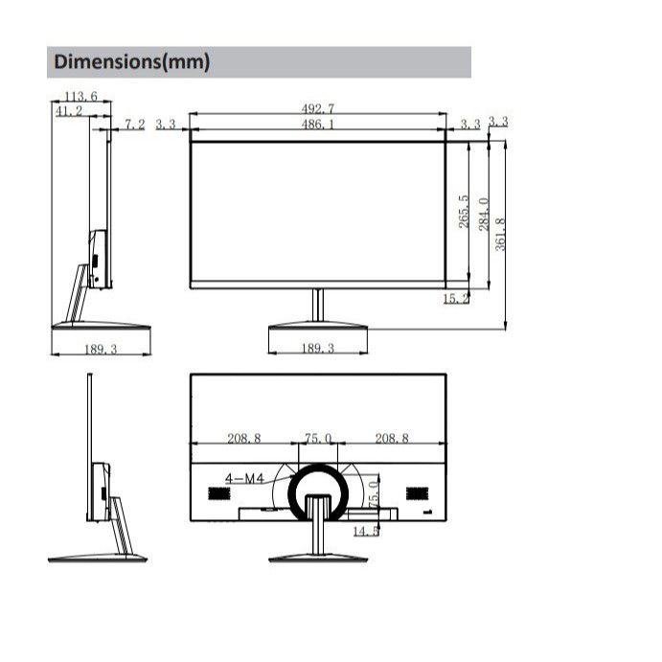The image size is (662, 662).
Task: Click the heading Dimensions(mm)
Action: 131,61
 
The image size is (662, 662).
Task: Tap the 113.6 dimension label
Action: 80,96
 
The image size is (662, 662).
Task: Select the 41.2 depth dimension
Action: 69,111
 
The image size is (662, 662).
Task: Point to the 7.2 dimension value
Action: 135,125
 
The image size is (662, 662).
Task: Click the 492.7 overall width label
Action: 317,109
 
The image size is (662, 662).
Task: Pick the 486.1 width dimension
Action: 317,125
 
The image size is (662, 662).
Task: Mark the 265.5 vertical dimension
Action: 464,212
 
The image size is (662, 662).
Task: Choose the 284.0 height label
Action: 484,214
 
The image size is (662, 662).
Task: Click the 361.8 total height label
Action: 500,235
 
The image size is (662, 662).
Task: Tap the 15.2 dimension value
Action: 456,299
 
